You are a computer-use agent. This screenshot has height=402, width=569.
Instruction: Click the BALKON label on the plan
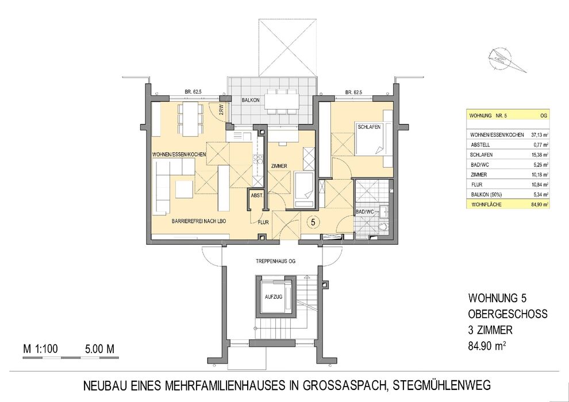click(x=251, y=100)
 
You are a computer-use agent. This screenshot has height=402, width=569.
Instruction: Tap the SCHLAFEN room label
click(x=369, y=127)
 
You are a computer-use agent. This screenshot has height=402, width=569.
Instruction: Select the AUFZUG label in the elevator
click(x=274, y=297)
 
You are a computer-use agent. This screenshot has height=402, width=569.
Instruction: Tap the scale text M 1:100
click(x=40, y=349)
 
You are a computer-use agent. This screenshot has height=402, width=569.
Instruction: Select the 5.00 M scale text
click(x=99, y=349)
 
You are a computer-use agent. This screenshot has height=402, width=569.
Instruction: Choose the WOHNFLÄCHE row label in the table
click(x=486, y=205)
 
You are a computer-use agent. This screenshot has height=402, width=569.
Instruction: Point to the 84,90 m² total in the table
click(x=540, y=205)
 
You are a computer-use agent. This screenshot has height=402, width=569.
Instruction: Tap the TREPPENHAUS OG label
click(x=275, y=261)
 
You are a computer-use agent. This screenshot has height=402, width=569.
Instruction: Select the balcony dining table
click(x=281, y=101)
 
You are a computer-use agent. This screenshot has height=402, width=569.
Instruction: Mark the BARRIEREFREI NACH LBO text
click(x=199, y=221)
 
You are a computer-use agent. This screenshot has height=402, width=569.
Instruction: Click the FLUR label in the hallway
click(x=263, y=223)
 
